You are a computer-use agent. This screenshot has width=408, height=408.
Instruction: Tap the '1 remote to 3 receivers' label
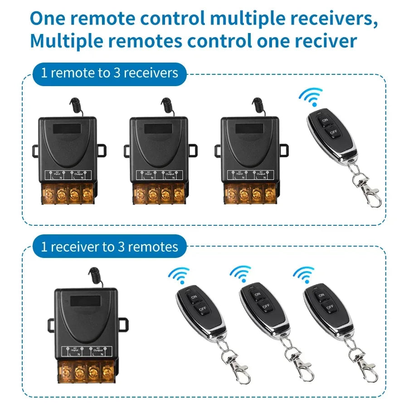pos(109,73)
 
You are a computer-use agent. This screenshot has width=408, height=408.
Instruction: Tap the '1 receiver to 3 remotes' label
pos(109,247)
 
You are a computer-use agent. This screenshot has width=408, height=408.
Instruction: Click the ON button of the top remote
pos(325,121)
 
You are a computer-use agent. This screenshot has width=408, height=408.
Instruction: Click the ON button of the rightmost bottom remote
pos(321,296)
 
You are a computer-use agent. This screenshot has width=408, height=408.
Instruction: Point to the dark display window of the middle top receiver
pos(159,128)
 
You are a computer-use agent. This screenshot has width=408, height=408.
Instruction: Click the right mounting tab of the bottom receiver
pos(123,324)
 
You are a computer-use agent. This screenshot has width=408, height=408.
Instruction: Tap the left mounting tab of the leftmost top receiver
pos(35,151)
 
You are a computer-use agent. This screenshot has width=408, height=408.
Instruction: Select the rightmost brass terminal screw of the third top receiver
pos(270,194)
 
